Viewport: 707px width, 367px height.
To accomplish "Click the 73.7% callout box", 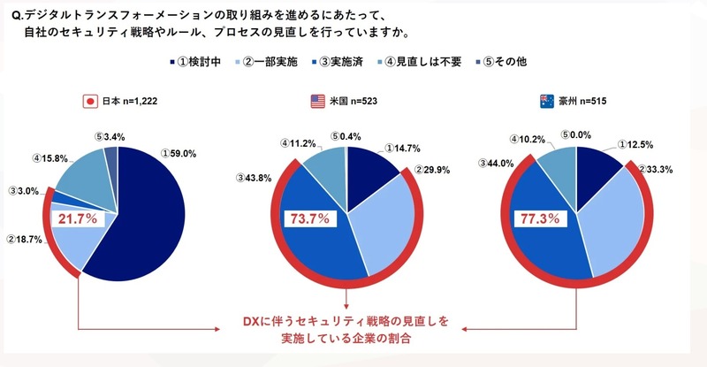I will click(308, 217).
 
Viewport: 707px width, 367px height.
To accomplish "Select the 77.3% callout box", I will click(539, 217).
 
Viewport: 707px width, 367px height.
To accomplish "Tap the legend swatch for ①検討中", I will click(171, 64).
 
